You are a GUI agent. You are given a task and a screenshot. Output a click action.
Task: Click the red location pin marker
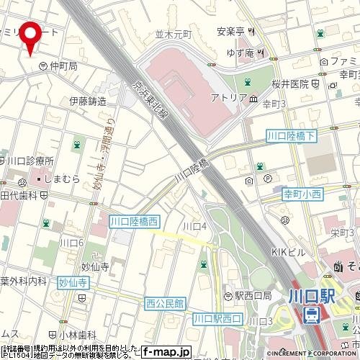pos(30,35)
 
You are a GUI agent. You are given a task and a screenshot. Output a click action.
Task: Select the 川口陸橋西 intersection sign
pos(134,222)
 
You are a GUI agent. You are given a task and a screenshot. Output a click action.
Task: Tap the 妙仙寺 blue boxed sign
pos(73,284)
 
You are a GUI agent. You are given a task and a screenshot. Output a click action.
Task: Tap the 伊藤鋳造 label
pos(88,102)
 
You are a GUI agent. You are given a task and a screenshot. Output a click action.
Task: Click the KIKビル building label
pos(289,253)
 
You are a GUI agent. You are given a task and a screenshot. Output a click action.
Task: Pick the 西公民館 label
pos(165,302)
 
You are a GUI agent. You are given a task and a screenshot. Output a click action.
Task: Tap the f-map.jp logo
pos(166,352)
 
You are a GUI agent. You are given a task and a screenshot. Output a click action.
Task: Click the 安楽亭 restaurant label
pos(230,32)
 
